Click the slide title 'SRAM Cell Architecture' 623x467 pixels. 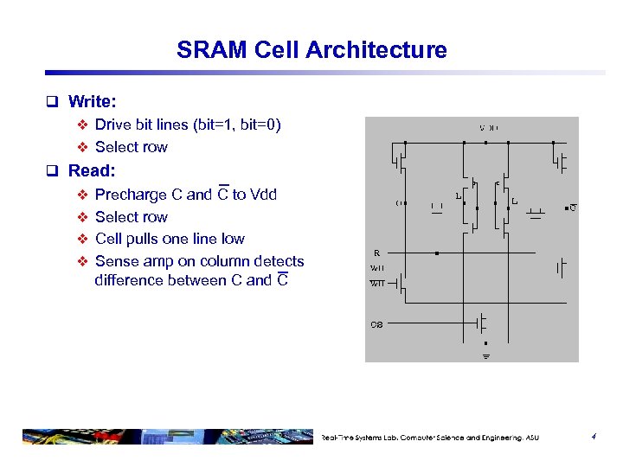[x=311, y=50]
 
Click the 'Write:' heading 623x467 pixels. [x=92, y=102]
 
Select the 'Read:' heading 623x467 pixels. [x=92, y=170]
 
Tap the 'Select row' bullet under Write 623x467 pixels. [x=132, y=147]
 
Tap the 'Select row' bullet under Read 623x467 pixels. [x=132, y=217]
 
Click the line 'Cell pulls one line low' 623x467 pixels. [x=170, y=239]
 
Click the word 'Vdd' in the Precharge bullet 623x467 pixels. [x=263, y=195]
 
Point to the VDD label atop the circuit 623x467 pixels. [x=489, y=128]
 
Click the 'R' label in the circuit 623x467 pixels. [x=376, y=253]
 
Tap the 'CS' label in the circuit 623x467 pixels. [x=376, y=325]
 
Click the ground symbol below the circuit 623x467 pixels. [x=485, y=355]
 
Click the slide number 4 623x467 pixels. [x=594, y=437]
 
